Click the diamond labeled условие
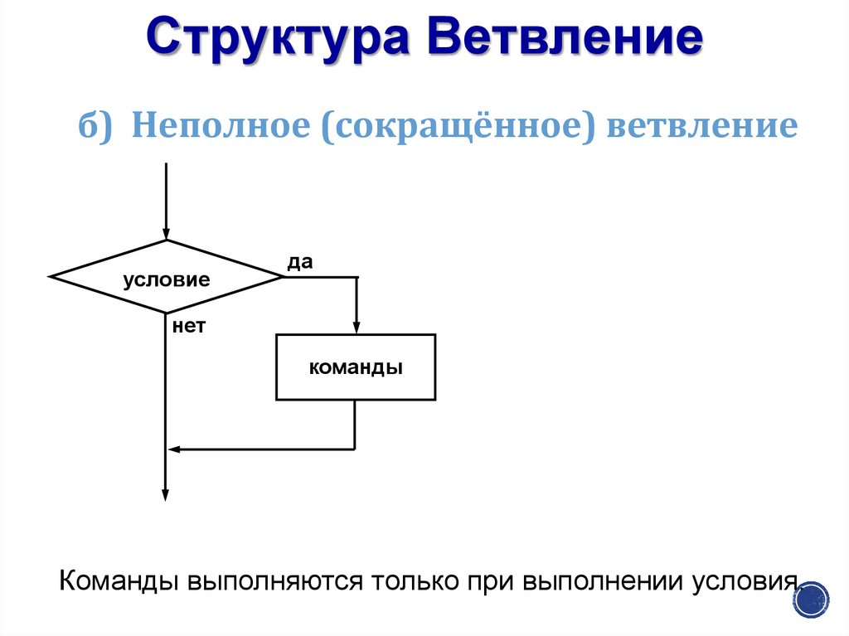166,278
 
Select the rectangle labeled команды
355,367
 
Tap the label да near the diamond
299,262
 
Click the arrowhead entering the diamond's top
166,233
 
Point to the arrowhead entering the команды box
356,327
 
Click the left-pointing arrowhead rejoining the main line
174,449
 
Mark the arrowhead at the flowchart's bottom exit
166,494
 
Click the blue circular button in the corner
815,597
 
